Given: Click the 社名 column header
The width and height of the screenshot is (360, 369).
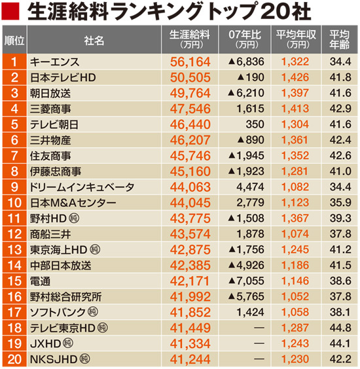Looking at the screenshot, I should [94, 41].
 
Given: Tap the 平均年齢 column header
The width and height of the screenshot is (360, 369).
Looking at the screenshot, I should [340, 41].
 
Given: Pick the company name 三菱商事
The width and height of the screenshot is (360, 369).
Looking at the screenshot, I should [50, 109].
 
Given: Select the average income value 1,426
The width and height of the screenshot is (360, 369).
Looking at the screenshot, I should [294, 77].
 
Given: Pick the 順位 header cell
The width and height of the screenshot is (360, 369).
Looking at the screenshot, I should [14, 41].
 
